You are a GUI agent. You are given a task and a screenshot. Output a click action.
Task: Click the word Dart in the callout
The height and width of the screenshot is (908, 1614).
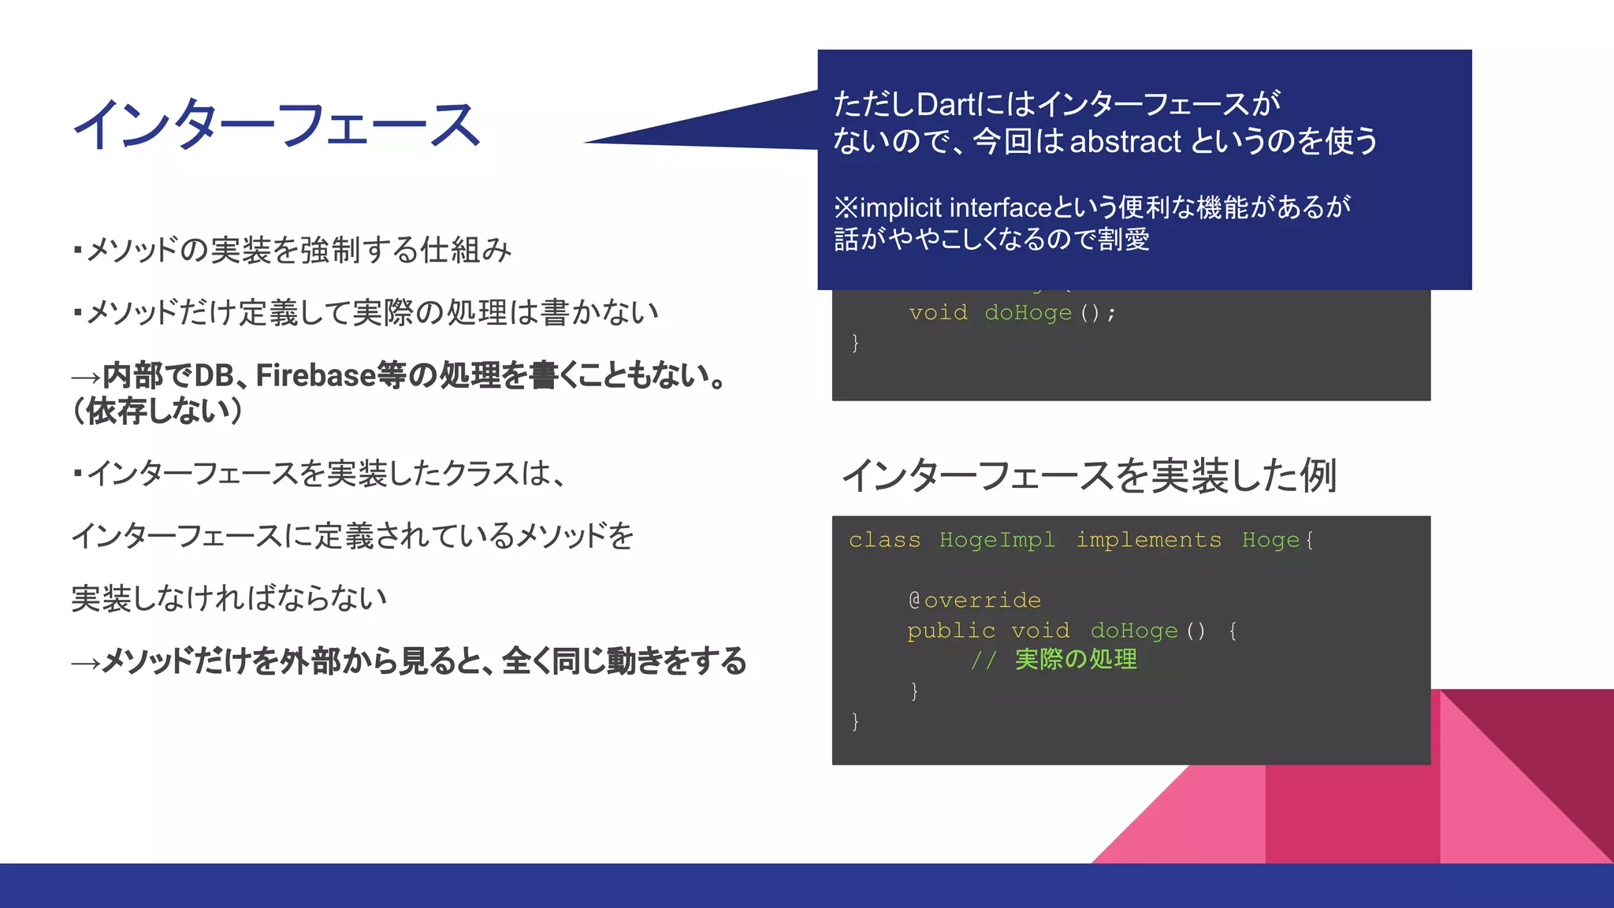946,104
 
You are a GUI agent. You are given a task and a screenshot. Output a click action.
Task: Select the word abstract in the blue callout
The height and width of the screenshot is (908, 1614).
1125,142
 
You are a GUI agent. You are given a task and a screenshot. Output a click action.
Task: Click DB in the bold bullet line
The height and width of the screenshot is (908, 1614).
214,376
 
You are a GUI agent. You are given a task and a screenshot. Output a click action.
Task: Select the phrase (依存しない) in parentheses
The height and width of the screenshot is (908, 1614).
157,411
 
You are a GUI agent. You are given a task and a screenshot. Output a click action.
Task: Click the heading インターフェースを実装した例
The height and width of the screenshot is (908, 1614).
1089,475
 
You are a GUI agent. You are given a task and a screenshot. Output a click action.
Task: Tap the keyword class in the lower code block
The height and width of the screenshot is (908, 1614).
884,540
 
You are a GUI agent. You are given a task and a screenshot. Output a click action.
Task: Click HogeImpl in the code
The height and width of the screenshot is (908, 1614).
996,540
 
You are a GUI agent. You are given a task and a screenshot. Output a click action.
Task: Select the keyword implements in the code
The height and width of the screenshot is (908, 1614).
1148,540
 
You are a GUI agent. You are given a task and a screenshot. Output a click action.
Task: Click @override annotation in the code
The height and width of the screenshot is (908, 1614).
974,601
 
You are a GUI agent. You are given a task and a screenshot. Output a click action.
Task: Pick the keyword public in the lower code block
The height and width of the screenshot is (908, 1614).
950,631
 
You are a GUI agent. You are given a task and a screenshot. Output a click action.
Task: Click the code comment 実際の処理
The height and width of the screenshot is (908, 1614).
1075,660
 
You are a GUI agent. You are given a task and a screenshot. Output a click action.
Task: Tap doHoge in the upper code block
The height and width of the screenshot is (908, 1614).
1028,313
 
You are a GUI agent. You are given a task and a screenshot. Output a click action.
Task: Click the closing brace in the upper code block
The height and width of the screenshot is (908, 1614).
855,343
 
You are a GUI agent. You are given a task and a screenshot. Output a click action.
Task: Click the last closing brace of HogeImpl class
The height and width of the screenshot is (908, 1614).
855,721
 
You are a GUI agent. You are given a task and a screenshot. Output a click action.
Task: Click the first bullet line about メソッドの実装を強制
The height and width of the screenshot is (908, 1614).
292,250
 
